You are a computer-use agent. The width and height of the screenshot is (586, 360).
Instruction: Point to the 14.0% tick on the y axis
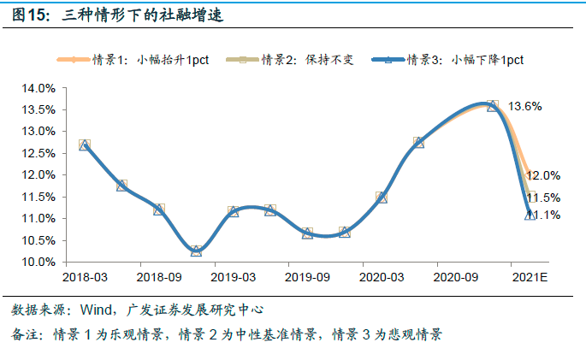pyautogui.click(x=38, y=88)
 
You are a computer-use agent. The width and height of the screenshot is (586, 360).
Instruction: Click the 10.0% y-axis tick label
pyautogui.click(x=38, y=262)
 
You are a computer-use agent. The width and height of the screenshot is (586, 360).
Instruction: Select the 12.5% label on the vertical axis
pyautogui.click(x=38, y=153)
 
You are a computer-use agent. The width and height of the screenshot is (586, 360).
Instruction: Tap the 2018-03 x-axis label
pyautogui.click(x=85, y=277)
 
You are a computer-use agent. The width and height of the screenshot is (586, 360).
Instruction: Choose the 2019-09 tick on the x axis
pyautogui.click(x=307, y=277)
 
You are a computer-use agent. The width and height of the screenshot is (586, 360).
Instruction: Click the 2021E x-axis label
pyautogui.click(x=529, y=277)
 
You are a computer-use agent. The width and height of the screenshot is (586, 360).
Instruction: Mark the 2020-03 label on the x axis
pyautogui.click(x=381, y=277)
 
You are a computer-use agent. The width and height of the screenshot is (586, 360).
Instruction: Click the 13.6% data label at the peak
pyautogui.click(x=524, y=106)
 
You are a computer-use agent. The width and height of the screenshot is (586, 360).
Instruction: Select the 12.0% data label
pyautogui.click(x=545, y=175)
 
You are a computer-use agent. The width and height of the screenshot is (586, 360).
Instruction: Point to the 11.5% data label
pyautogui.click(x=545, y=198)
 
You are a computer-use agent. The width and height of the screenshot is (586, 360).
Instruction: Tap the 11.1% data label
pyautogui.click(x=545, y=215)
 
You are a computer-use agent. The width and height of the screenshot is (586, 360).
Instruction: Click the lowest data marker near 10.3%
pyautogui.click(x=196, y=251)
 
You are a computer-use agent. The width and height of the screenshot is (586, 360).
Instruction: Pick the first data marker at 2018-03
pyautogui.click(x=84, y=145)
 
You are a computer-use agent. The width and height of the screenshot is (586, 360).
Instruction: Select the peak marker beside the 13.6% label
pyautogui.click(x=492, y=106)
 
